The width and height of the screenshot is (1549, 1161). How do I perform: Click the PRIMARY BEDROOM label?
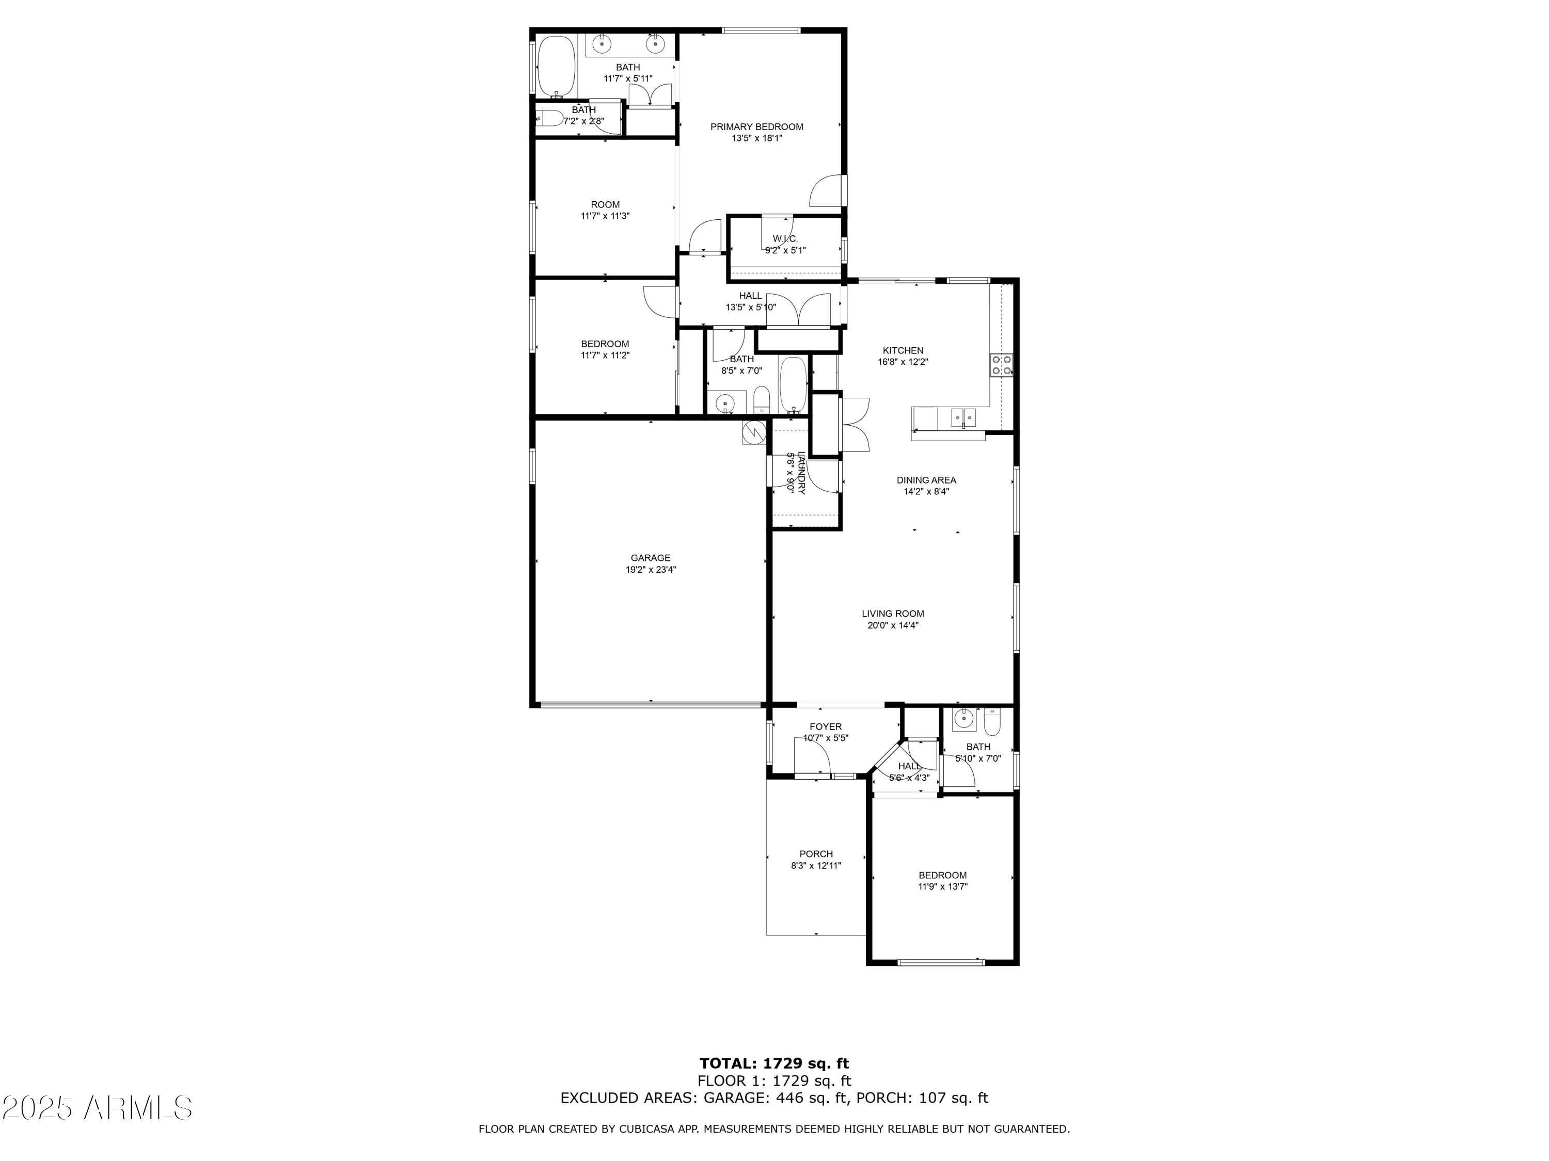pos(756,126)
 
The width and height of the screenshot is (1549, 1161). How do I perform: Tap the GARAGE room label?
pos(651,558)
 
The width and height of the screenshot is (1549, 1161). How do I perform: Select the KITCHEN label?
pos(903,350)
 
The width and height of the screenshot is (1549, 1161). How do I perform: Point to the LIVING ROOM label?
pos(893,614)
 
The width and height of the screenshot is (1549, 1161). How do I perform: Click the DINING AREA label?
pos(926,480)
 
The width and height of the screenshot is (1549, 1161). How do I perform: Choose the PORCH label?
pos(816,854)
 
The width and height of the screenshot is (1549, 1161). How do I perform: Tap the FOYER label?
pos(826,727)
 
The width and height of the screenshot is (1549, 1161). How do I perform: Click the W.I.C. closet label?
pos(785,238)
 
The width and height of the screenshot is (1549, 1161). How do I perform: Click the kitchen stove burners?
pos(1001,365)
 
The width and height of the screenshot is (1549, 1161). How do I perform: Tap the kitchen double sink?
pos(963,418)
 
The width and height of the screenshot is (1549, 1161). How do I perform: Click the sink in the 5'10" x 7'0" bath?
pos(965,719)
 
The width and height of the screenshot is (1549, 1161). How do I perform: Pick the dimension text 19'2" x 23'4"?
pos(651,570)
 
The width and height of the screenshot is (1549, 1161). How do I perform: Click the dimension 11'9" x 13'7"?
pos(942,886)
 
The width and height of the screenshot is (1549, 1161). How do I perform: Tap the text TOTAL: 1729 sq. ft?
pos(774,1063)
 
